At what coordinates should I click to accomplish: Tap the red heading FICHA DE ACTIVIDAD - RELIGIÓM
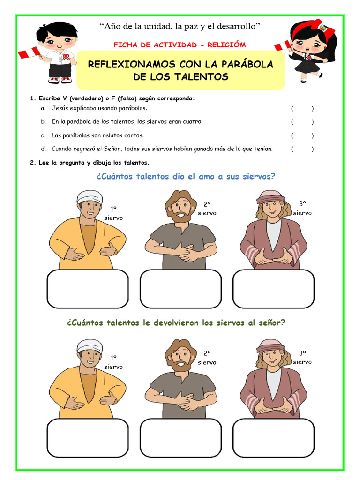pos(180,45)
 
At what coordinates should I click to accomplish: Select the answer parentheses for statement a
pos(302,108)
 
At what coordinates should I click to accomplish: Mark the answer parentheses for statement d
pos(302,149)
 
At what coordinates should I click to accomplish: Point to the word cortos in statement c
pos(133,135)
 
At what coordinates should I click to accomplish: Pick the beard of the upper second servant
pos(181,217)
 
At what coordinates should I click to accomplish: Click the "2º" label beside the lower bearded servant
pos(207,352)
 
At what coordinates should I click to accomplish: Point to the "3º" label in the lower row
pos(302,352)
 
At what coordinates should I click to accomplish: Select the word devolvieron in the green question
pos(170,322)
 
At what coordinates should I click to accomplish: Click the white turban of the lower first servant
pos(90,345)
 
